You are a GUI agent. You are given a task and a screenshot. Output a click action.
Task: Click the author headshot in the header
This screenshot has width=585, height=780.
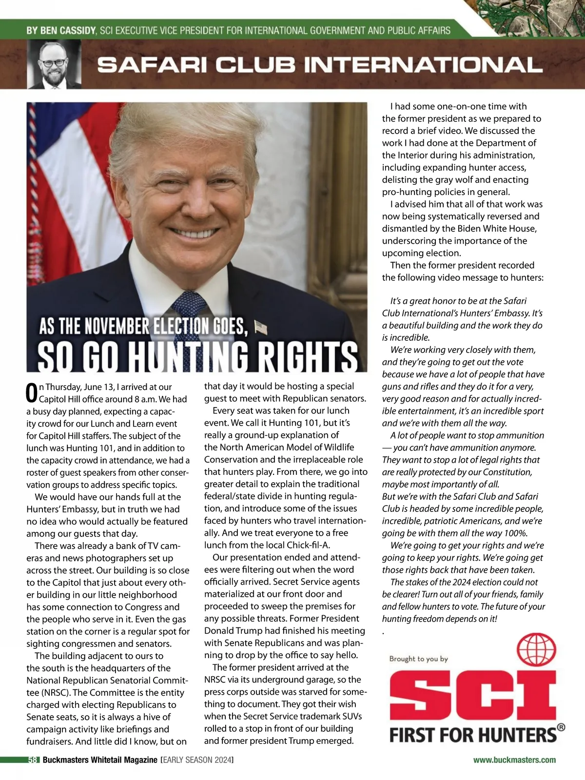point(54,64)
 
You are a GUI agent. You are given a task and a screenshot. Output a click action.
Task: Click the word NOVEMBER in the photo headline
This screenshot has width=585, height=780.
point(117,327)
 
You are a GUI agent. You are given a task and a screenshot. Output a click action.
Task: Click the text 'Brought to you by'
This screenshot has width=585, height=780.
point(418,659)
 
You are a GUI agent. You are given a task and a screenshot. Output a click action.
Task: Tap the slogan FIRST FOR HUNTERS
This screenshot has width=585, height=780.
point(473,735)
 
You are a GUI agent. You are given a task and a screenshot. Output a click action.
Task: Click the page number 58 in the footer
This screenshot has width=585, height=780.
point(33,760)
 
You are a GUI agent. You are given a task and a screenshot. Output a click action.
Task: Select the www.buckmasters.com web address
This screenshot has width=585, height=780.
point(514,760)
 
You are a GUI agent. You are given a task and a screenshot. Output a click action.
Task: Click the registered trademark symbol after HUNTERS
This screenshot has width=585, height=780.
point(561,727)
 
